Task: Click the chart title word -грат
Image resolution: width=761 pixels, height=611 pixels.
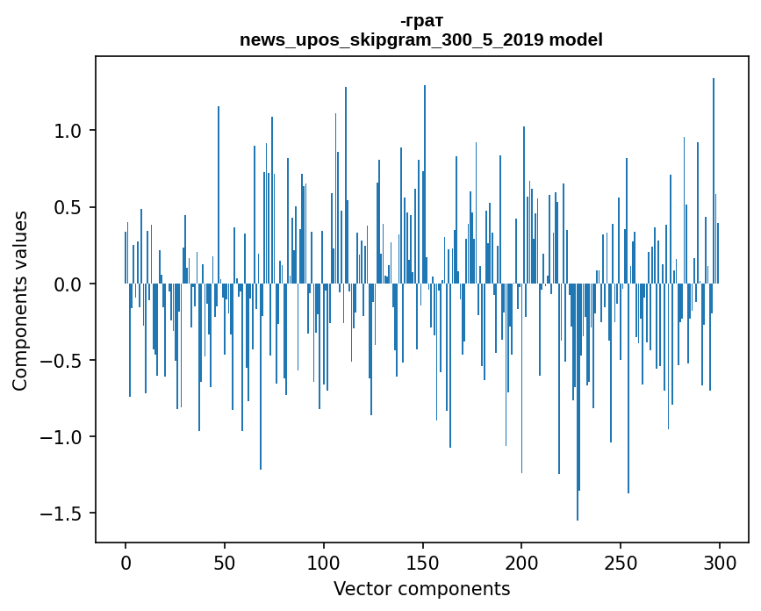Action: point(421,21)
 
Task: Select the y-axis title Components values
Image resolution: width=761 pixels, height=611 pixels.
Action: point(20,300)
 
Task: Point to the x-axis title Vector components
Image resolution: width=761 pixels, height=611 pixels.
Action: point(421,588)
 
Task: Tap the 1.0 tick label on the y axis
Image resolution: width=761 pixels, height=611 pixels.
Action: point(63,131)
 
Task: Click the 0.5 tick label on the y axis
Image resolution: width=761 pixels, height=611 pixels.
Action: point(63,208)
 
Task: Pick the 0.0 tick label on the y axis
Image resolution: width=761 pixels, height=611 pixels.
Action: point(63,284)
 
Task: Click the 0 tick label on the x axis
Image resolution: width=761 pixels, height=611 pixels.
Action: point(126,562)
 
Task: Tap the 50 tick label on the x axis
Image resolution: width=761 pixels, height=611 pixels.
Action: point(225,562)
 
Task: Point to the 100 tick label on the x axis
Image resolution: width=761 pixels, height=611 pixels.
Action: point(324,562)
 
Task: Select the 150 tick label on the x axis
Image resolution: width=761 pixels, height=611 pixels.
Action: point(423,562)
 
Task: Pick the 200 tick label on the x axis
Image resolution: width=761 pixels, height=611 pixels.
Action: point(522,562)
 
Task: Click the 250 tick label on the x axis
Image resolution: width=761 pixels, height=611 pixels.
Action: point(621,562)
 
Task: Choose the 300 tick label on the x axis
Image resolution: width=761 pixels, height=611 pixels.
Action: point(720,562)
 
